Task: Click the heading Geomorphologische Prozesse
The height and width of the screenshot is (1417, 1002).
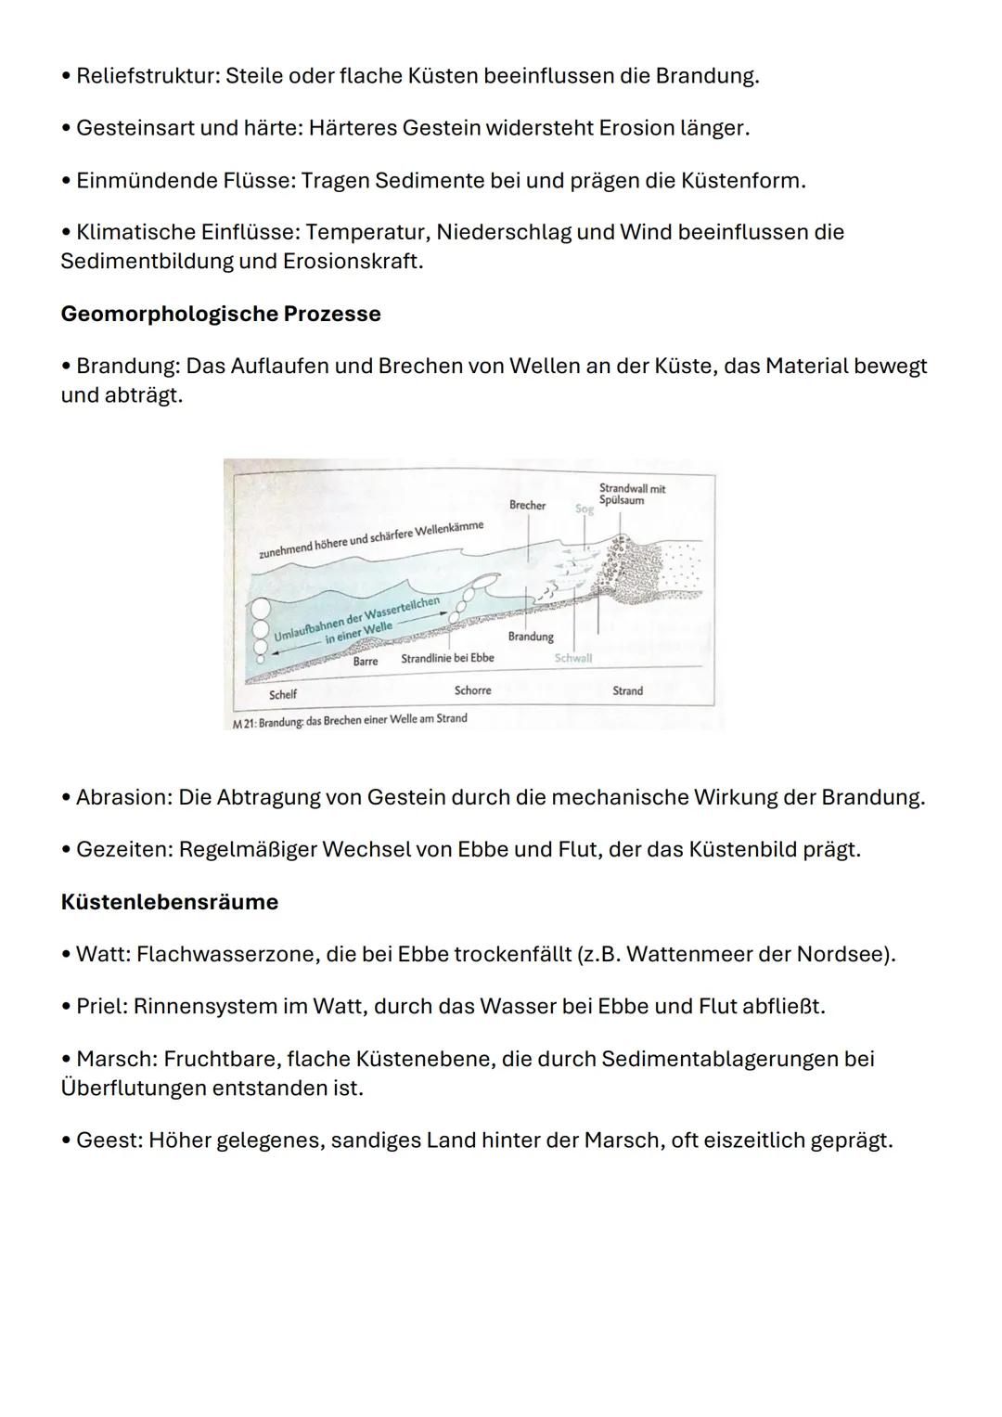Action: pos(220,314)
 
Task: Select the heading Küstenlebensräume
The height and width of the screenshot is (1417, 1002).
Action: pos(169,902)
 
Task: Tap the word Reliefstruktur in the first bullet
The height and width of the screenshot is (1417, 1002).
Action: pos(147,76)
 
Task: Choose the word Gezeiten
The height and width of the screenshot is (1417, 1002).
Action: pos(120,849)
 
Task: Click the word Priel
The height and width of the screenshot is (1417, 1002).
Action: pos(99,1006)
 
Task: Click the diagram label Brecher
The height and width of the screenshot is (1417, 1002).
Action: pos(527,506)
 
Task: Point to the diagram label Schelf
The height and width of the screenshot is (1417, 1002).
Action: pos(283,694)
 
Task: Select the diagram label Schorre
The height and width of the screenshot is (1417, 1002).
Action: pos(472,690)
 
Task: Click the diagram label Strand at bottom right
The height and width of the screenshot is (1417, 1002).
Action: pos(627,690)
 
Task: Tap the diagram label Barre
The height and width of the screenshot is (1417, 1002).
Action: pos(365,662)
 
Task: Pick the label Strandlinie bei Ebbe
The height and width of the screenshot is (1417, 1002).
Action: pos(447,658)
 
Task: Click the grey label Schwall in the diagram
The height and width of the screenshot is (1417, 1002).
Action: pos(572,658)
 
